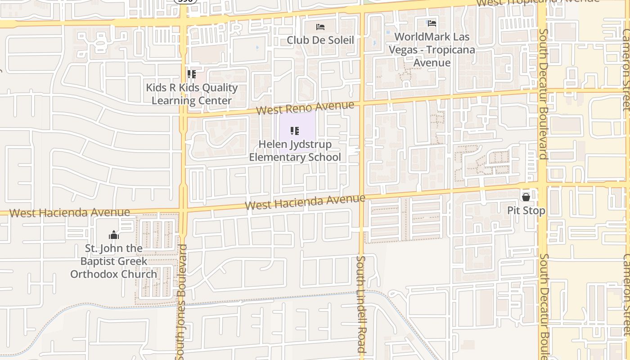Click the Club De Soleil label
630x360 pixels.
pyautogui.click(x=320, y=40)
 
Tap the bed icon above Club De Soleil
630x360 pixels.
pyautogui.click(x=320, y=27)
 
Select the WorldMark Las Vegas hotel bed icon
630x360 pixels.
pyautogui.click(x=432, y=23)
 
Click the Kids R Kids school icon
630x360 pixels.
pyautogui.click(x=192, y=74)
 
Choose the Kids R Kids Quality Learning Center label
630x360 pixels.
pyautogui.click(x=192, y=94)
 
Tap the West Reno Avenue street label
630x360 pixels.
pyautogui.click(x=305, y=108)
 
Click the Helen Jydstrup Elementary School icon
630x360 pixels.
pyautogui.click(x=295, y=131)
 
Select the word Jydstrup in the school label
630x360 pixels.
pyautogui.click(x=308, y=144)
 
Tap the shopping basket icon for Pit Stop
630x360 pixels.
pyautogui.click(x=526, y=197)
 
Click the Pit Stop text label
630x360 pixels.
pyautogui.click(x=526, y=211)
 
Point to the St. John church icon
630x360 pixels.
pyautogui.click(x=113, y=235)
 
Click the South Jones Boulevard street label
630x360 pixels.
pyautogui.click(x=182, y=301)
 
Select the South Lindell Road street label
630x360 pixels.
pyautogui.click(x=361, y=304)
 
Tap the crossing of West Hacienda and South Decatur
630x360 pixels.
pyautogui.click(x=543, y=184)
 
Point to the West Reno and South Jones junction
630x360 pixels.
pyautogui.click(x=184, y=113)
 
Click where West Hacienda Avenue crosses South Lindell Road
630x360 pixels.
pyautogui.click(x=361, y=198)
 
